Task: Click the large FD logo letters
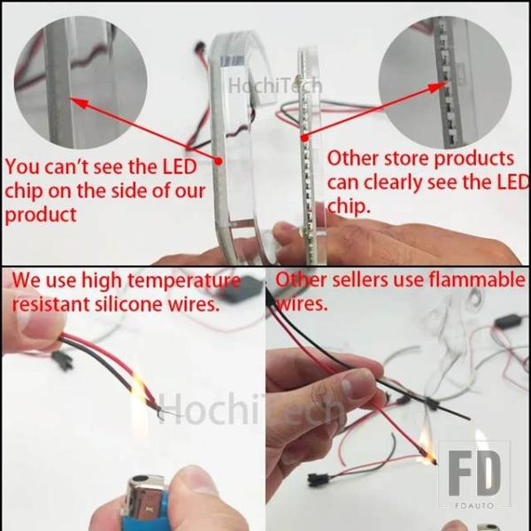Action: coord(474,473)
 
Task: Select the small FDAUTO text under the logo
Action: coord(474,505)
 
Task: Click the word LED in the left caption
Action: coord(180,166)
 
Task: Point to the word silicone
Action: coord(128,304)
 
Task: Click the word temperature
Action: coord(184,281)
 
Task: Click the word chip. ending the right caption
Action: coord(349,206)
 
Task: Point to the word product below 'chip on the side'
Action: coord(41,215)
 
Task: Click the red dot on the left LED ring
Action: coord(219,161)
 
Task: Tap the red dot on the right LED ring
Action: coord(304,138)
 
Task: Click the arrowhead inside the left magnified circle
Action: coord(80,103)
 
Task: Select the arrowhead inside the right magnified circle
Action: coord(438,87)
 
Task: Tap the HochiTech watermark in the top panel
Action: coord(274,85)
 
